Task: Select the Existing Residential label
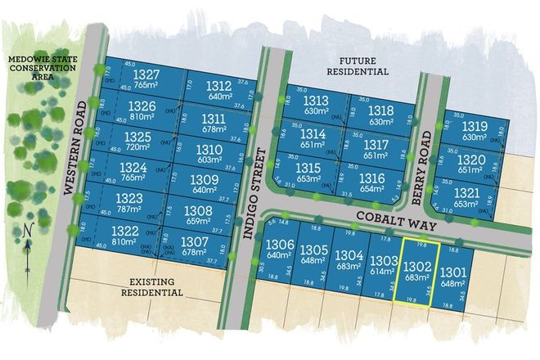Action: coord(152,286)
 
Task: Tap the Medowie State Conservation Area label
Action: coord(41,68)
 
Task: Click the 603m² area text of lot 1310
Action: coord(209,160)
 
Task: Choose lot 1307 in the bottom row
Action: coord(194,242)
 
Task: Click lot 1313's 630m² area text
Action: coord(315,111)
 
